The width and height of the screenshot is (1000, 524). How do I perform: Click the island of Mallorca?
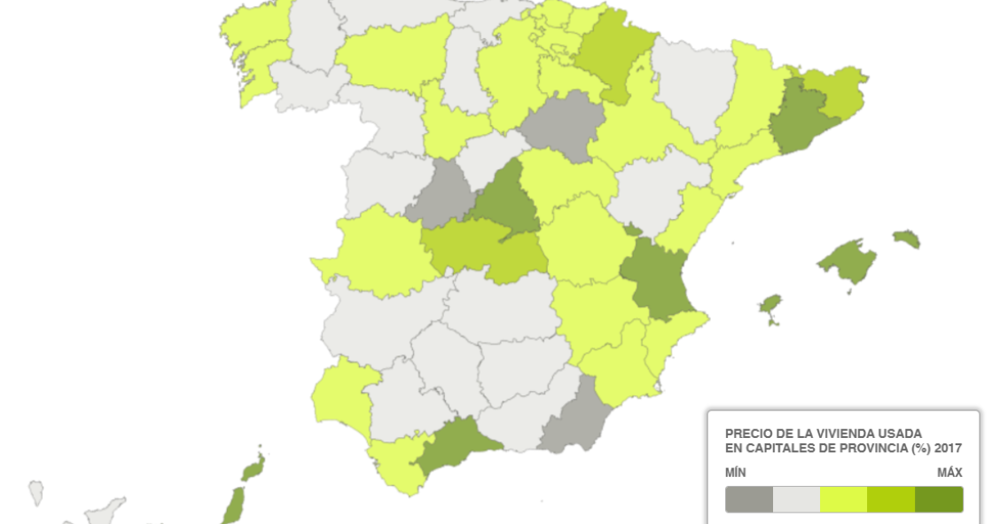point(848,262)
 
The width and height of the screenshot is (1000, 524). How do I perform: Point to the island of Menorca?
point(906,239)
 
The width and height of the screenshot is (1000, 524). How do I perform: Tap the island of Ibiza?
point(770,307)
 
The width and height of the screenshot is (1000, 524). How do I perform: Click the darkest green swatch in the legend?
point(939,500)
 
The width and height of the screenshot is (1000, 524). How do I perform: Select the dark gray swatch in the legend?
point(749,500)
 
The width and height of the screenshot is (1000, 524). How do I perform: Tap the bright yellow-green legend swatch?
point(843,500)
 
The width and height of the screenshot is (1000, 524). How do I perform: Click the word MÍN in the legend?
point(736,473)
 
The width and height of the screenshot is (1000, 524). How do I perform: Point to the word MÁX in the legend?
point(949,473)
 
